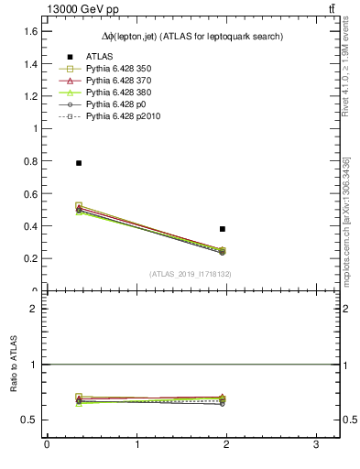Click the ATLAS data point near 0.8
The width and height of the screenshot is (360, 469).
click(x=79, y=163)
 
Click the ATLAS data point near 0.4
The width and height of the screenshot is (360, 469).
click(x=223, y=229)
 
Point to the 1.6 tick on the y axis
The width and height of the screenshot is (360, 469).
click(x=31, y=31)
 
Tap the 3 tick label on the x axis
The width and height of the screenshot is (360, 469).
click(x=315, y=444)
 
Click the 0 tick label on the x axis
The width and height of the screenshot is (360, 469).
click(x=47, y=444)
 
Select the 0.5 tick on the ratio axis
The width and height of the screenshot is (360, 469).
click(x=31, y=420)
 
